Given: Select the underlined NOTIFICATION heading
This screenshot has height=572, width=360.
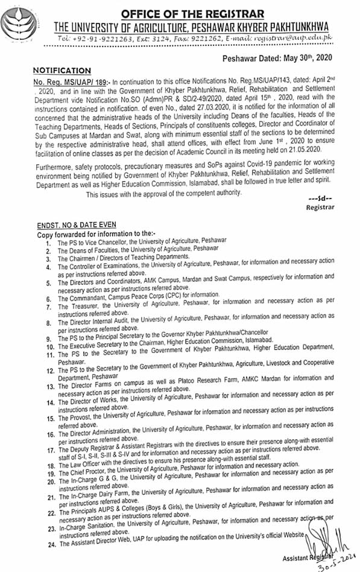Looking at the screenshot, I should click(x=62, y=71).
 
